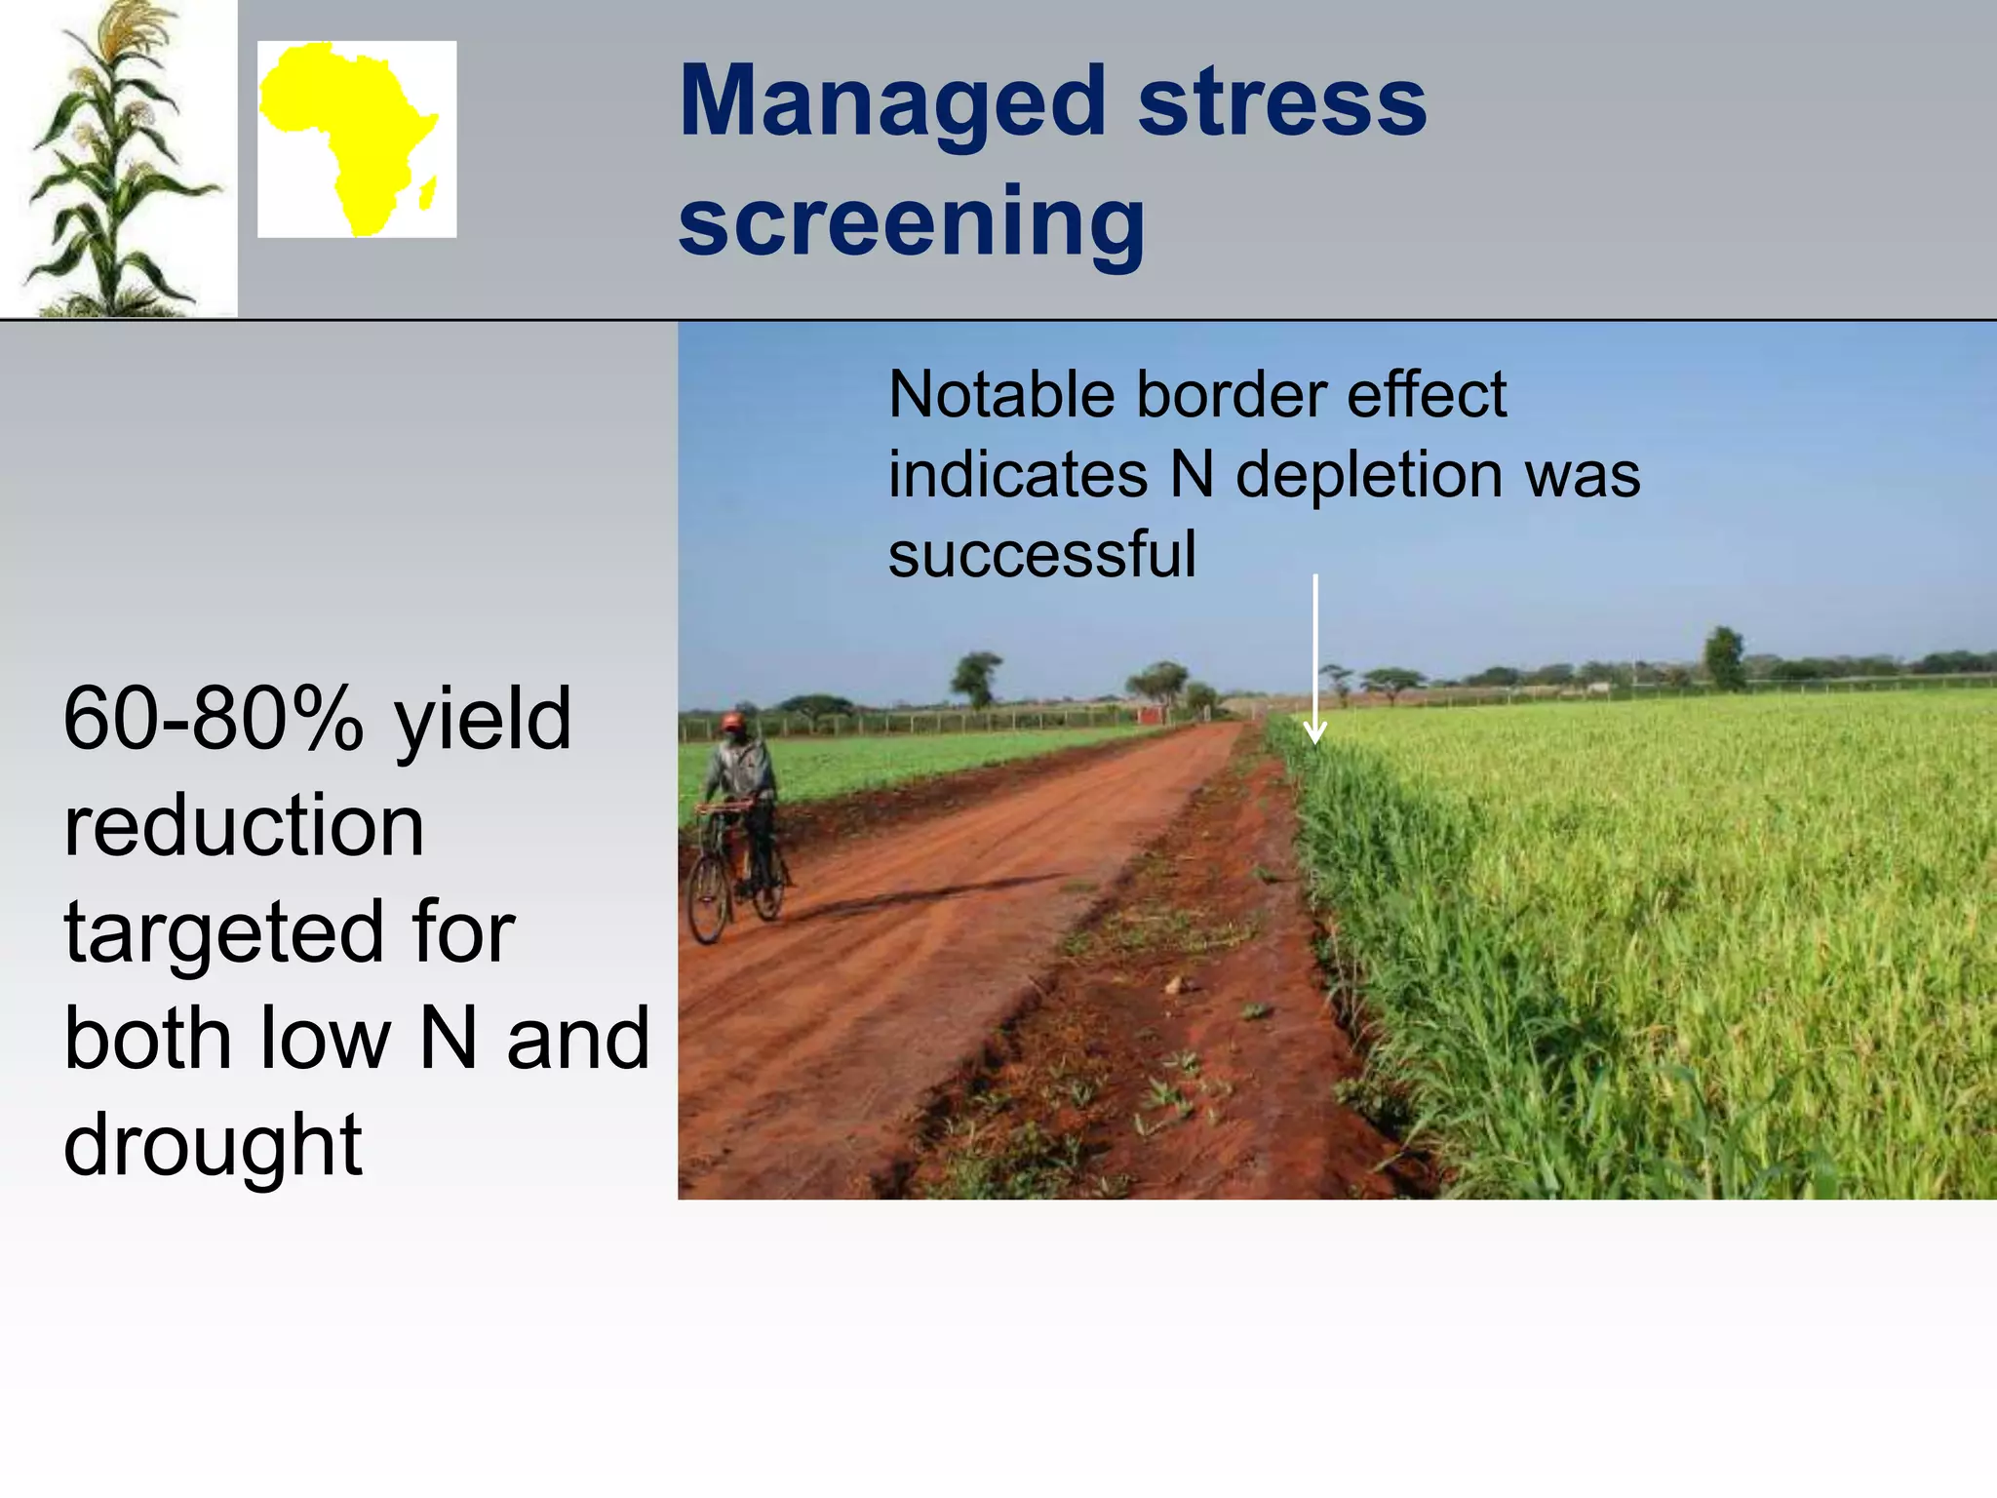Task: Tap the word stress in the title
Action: point(1281,102)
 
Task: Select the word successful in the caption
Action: point(1041,554)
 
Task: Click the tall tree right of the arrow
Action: point(1724,658)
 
